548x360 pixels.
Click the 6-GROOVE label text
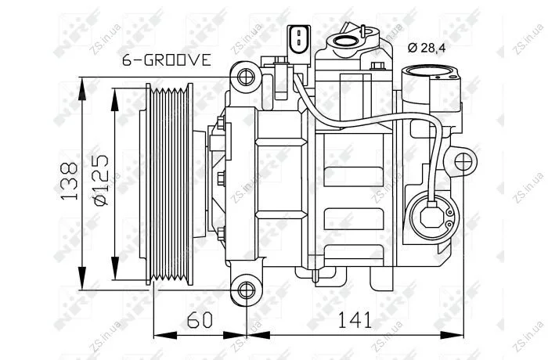pyautogui.click(x=167, y=60)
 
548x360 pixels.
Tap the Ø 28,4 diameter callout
pyautogui.click(x=427, y=48)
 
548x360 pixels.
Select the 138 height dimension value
pyautogui.click(x=69, y=181)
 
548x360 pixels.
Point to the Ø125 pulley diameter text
pyautogui.click(x=101, y=180)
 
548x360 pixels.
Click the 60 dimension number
pyautogui.click(x=200, y=320)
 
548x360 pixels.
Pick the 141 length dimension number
pyautogui.click(x=355, y=320)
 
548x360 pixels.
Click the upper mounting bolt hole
pyautogui.click(x=246, y=77)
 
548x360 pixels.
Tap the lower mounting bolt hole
pyautogui.click(x=246, y=290)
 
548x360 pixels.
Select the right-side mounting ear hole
pyautogui.click(x=463, y=162)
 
